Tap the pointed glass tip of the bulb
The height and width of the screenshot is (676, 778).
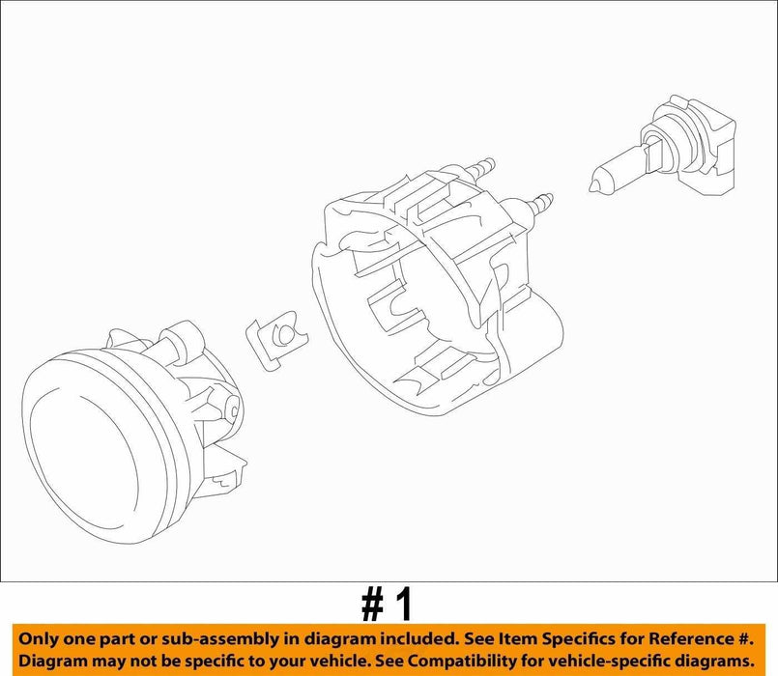pyautogui.click(x=592, y=187)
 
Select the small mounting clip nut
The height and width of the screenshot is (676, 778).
pyautogui.click(x=276, y=340)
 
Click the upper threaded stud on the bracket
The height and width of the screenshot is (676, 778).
pyautogui.click(x=479, y=166)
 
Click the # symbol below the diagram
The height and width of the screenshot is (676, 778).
pyautogui.click(x=372, y=605)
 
